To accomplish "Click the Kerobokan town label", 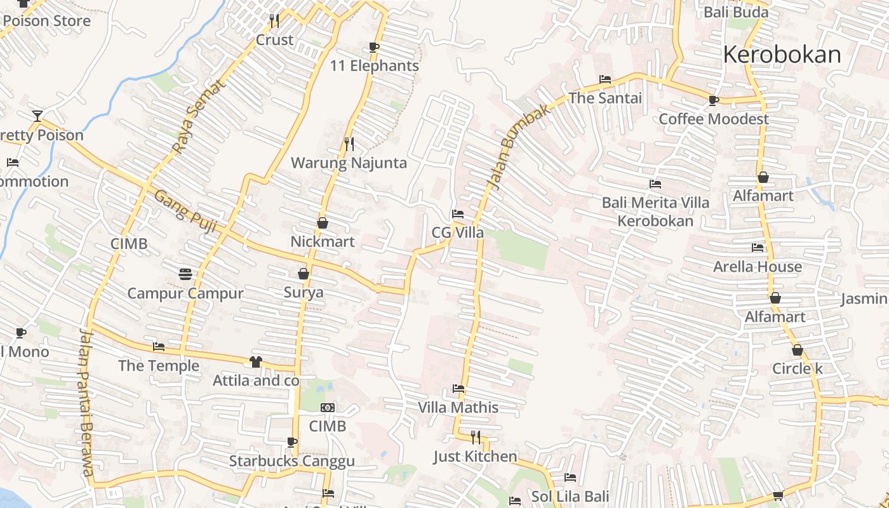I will click(x=782, y=55).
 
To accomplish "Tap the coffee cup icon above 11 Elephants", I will click(x=373, y=47).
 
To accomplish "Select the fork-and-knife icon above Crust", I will click(x=274, y=21).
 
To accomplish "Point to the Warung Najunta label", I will click(x=349, y=163).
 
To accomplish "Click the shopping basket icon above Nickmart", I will click(x=323, y=223).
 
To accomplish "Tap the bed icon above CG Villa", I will click(x=458, y=214).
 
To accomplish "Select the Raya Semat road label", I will click(x=199, y=116).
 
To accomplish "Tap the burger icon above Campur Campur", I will click(x=185, y=274).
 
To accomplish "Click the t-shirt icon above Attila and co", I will click(x=256, y=362).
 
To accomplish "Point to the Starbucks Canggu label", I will click(x=291, y=461).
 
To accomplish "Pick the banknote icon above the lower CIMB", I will click(x=328, y=407).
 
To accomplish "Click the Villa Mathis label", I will click(x=458, y=407).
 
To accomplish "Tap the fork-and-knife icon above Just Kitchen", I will click(x=476, y=437).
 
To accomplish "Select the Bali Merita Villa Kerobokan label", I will click(x=655, y=211).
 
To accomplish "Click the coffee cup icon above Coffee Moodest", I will click(x=714, y=100).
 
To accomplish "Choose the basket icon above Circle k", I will click(x=798, y=350).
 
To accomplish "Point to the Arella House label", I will click(x=757, y=266).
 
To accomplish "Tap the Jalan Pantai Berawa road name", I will click(x=87, y=403).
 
